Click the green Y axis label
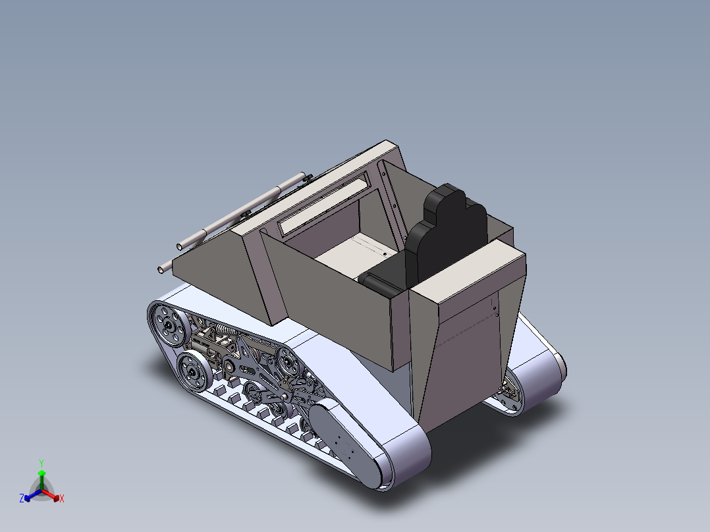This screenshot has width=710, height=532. (41, 463)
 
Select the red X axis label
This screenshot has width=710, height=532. (61, 499)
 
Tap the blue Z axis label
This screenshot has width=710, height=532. (22, 499)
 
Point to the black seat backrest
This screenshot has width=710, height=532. (448, 237)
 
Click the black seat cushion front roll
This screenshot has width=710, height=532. (378, 284)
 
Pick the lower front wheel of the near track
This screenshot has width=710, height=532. (193, 372)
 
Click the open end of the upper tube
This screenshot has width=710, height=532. (179, 246)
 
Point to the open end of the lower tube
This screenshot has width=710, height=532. (162, 269)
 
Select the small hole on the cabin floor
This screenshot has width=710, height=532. (385, 251)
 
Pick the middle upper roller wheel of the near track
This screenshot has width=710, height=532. (288, 359)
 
